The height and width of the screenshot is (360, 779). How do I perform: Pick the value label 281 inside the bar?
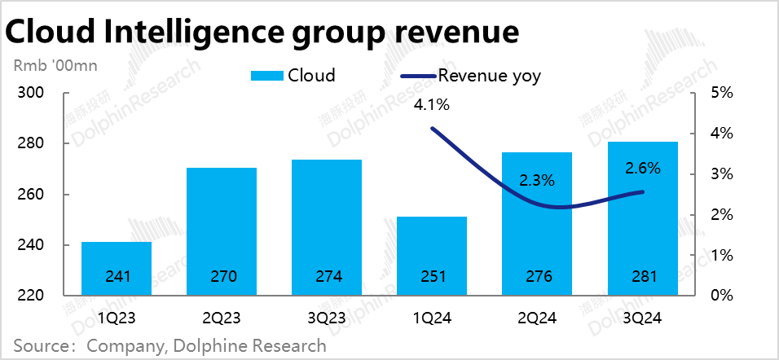[x=642, y=277]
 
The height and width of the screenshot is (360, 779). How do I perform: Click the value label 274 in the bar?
[x=327, y=277]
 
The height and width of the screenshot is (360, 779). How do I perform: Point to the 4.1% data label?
[x=432, y=104]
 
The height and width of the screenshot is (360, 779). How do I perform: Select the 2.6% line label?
[x=642, y=169]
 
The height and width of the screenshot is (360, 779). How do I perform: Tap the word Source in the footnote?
[x=40, y=345]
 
